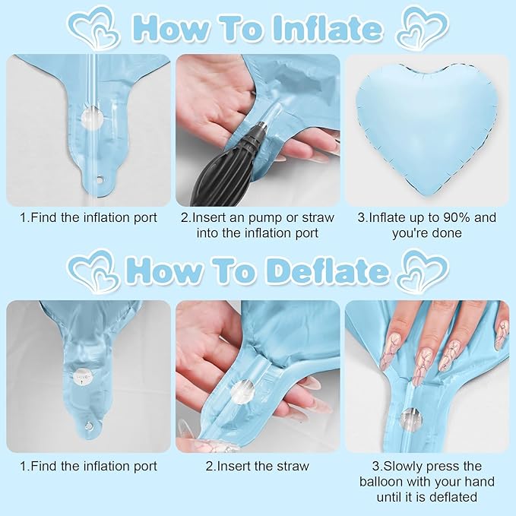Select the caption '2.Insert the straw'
click(258, 466)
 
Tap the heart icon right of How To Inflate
click(423, 28)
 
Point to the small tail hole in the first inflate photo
click(99, 179)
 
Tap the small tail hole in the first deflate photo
click(88, 426)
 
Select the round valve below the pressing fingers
click(411, 419)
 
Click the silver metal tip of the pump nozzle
click(261, 125)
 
